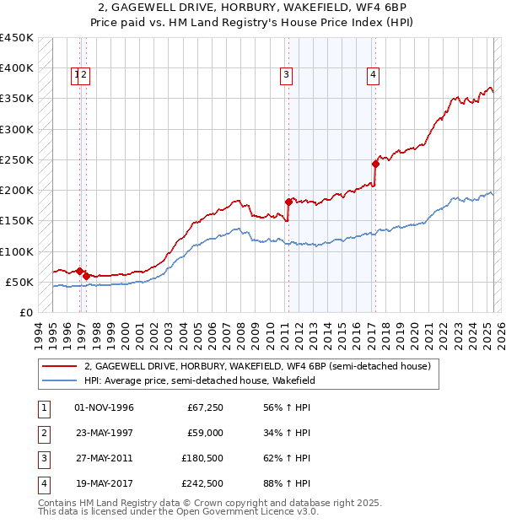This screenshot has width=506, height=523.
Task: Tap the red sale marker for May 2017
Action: click(x=375, y=164)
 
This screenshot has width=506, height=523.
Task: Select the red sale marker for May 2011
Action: click(x=288, y=202)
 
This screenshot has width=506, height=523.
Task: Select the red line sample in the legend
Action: click(x=58, y=366)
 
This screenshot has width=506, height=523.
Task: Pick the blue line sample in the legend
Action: click(x=58, y=380)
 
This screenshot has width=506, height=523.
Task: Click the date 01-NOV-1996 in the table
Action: click(x=104, y=407)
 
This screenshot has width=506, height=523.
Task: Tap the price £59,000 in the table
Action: click(x=205, y=433)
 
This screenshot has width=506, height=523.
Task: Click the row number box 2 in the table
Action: click(x=43, y=433)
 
